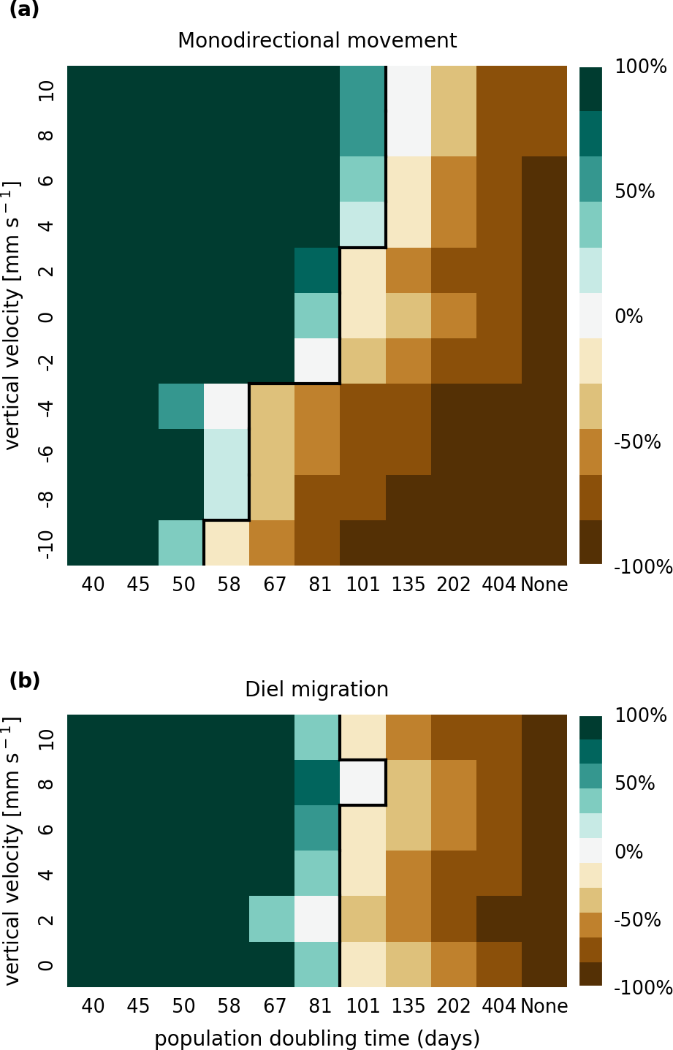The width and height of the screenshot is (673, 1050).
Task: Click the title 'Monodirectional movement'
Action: click(x=317, y=41)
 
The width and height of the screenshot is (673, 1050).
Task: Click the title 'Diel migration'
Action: click(x=316, y=690)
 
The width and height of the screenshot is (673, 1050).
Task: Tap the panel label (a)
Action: click(x=24, y=10)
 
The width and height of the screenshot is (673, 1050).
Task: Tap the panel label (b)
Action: click(x=24, y=681)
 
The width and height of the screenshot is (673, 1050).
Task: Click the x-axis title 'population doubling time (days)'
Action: click(x=317, y=1038)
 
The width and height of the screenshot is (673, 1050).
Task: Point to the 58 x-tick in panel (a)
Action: click(x=229, y=585)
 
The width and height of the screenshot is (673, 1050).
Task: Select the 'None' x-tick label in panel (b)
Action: click(x=544, y=1007)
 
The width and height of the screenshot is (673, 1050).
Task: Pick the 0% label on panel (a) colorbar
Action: click(x=629, y=317)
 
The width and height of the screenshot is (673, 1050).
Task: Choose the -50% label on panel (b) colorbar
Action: click(x=637, y=920)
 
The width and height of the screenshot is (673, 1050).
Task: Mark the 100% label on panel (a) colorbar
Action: click(x=641, y=67)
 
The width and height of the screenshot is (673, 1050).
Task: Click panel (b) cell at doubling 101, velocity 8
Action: click(x=363, y=783)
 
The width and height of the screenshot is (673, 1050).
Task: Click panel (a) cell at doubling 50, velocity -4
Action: click(x=181, y=406)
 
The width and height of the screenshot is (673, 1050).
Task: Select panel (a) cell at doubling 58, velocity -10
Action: click(x=227, y=543)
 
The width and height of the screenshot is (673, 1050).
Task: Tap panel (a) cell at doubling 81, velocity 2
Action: click(x=317, y=270)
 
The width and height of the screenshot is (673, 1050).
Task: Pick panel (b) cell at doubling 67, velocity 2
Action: click(x=272, y=918)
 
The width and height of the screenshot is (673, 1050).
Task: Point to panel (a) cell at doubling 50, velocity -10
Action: click(x=181, y=543)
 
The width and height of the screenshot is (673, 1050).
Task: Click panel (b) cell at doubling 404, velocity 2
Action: click(x=499, y=918)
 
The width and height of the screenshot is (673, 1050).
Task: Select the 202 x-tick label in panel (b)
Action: click(x=454, y=1007)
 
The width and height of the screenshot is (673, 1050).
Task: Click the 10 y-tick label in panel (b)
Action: click(x=45, y=738)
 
